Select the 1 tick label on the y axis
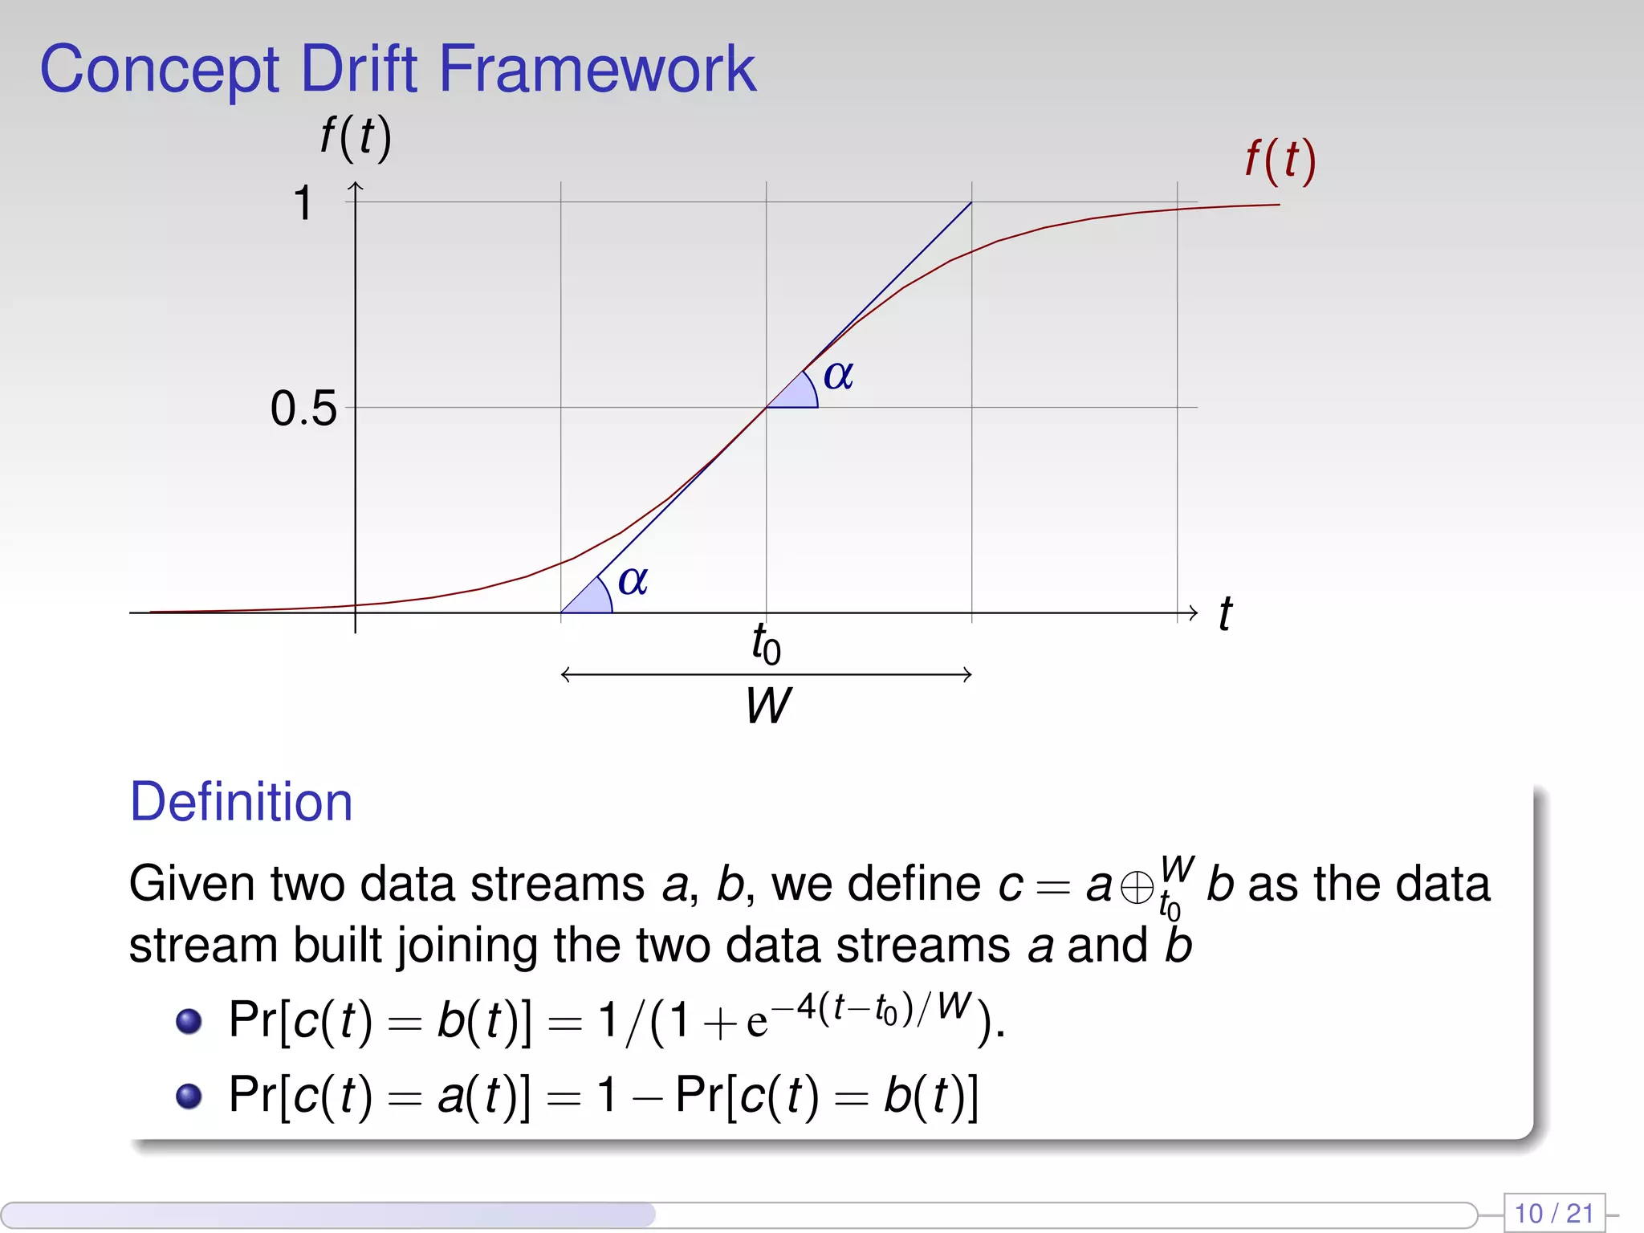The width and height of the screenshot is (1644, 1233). pyautogui.click(x=303, y=202)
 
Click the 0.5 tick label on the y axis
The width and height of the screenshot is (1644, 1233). pyautogui.click(x=303, y=408)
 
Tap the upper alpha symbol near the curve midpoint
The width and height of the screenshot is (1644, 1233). pyautogui.click(x=838, y=375)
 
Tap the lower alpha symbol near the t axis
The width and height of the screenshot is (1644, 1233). pyautogui.click(x=633, y=580)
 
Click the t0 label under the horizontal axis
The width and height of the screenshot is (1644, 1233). pyautogui.click(x=766, y=644)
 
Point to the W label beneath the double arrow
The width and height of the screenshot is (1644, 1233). pyautogui.click(x=767, y=706)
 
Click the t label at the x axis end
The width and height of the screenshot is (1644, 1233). pyautogui.click(x=1225, y=614)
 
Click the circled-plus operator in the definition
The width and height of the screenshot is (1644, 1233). pyautogui.click(x=1137, y=888)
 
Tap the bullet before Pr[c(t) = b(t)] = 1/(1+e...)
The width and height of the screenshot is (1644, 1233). pyautogui.click(x=189, y=1021)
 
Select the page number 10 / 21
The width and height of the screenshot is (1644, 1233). pyautogui.click(x=1553, y=1213)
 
